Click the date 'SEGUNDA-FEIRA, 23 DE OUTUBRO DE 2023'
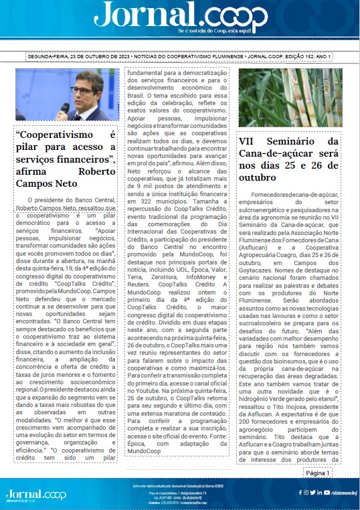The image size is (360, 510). click(x=78, y=57)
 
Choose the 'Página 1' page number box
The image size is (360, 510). click(x=318, y=473)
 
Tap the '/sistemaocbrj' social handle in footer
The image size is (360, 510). click(x=340, y=492)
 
